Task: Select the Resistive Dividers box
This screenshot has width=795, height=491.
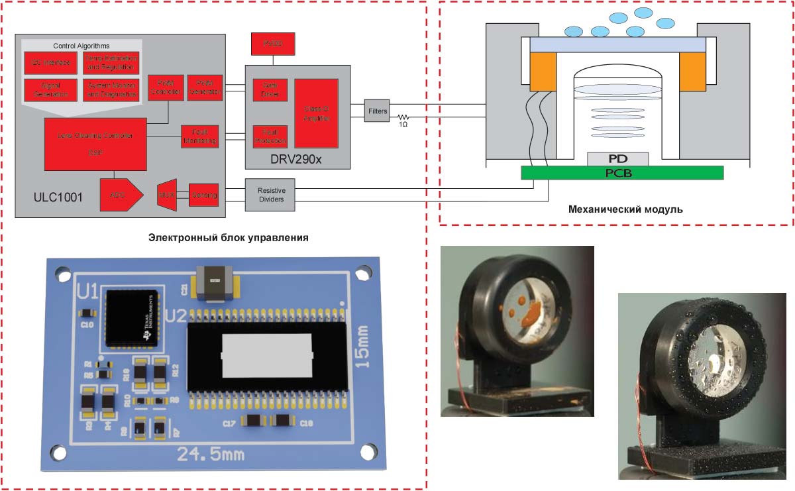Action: (270, 195)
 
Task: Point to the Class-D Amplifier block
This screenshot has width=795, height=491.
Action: (316, 113)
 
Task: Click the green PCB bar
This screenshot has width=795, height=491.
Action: (621, 172)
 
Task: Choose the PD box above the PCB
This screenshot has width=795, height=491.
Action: (617, 158)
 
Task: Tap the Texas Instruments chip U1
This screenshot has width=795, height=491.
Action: (131, 317)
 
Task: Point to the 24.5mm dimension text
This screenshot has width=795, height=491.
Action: (210, 455)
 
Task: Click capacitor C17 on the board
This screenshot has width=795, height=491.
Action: (252, 421)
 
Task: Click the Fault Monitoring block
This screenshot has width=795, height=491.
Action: (199, 136)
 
